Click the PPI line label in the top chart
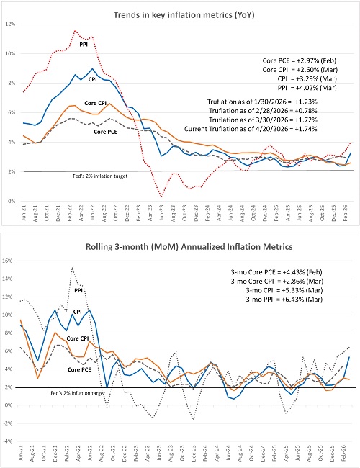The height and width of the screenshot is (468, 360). [83, 44]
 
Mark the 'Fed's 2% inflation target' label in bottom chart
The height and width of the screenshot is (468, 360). [58, 393]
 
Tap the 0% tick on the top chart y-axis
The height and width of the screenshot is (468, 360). [12, 202]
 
